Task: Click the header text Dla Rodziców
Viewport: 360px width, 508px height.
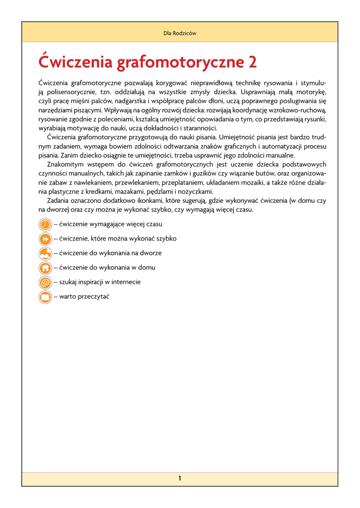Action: pos(180,33)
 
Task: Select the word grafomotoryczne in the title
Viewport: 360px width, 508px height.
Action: pos(180,63)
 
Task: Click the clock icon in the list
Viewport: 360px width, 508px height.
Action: pos(45,224)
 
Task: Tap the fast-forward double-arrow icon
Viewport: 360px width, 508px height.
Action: pos(45,239)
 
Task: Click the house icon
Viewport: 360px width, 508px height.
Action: pos(45,268)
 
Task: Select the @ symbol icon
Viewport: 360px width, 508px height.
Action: pos(45,282)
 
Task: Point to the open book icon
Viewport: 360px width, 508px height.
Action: pos(45,297)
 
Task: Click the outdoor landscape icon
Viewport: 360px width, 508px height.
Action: pos(45,254)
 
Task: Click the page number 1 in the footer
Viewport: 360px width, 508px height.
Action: pos(180,478)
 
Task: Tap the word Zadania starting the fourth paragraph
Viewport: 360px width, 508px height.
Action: pos(59,200)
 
